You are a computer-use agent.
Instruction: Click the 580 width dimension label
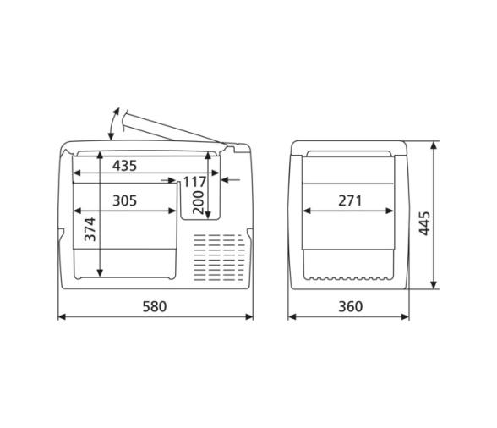(x=154, y=306)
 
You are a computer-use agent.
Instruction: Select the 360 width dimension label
(x=349, y=306)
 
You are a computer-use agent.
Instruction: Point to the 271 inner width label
(x=349, y=200)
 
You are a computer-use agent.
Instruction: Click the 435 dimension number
(x=124, y=166)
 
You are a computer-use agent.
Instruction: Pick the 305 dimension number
(x=124, y=200)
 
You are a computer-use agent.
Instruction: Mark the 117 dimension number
(x=194, y=182)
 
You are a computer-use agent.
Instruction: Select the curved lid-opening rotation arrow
(x=112, y=123)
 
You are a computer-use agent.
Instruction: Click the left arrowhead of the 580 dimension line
(x=60, y=318)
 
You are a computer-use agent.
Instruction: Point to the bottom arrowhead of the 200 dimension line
(x=208, y=214)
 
